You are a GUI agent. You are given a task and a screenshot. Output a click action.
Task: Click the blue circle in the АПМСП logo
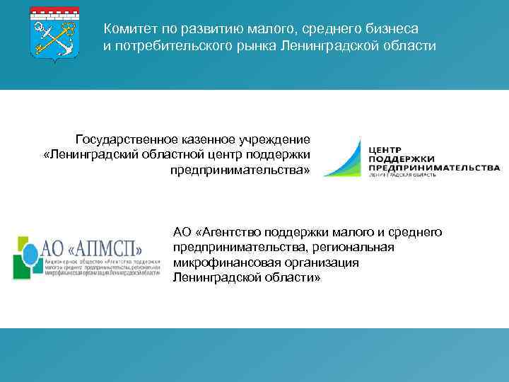tap(31, 253)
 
